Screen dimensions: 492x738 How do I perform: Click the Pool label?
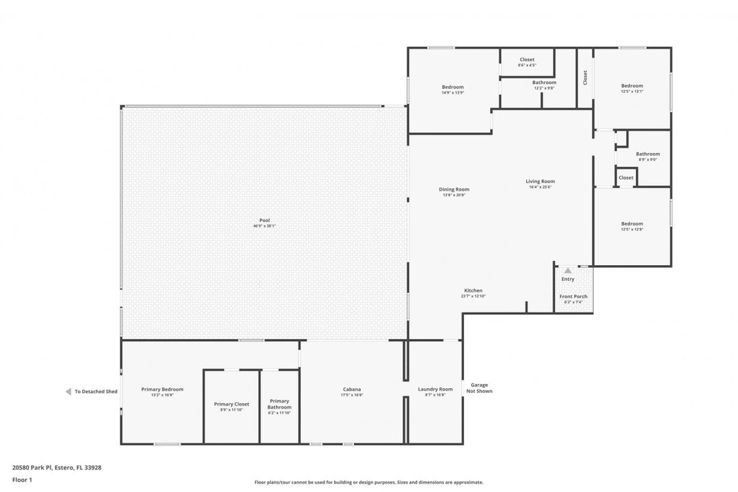264,220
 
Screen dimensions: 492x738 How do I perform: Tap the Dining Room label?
454,189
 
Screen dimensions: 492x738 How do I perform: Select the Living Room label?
540,181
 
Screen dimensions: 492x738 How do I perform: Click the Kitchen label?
473,290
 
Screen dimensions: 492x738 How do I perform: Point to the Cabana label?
352,389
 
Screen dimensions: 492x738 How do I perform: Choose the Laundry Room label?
435,389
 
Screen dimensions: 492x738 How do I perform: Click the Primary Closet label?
232,404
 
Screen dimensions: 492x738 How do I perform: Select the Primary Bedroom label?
162,389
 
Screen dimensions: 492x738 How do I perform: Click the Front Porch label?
573,297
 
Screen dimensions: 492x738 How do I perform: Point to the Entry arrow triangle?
568,271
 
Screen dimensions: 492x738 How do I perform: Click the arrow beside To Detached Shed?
68,392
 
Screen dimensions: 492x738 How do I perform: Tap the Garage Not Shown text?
479,387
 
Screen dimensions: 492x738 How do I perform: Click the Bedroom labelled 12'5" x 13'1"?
632,86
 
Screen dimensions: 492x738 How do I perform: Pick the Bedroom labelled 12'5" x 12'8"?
632,223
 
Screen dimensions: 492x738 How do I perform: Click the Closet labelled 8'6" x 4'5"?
527,59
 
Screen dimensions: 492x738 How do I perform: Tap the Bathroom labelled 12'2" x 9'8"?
544,83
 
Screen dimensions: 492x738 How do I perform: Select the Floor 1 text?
22,480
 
